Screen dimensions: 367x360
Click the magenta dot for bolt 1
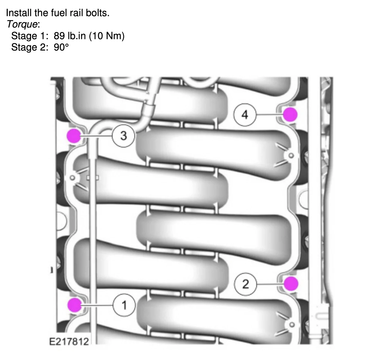pos(75,305)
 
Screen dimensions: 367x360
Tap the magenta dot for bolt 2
pos(290,284)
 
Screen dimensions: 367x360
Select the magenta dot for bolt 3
pos(74,136)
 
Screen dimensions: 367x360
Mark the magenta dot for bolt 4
pos(290,114)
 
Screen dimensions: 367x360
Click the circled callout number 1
pos(124,305)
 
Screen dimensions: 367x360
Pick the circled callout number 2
pos(245,284)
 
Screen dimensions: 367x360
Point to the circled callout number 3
pos(123,136)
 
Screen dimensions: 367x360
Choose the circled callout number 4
pos(245,115)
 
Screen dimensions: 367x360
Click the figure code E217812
pos(69,341)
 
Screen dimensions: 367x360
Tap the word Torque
pos(22,24)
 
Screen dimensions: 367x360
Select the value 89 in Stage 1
pos(59,36)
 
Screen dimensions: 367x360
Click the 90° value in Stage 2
pos(61,47)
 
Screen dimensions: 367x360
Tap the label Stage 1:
pos(30,36)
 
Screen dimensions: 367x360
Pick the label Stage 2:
pos(30,47)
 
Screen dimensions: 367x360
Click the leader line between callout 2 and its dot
pos(270,284)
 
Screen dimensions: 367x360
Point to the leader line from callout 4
pos(270,115)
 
